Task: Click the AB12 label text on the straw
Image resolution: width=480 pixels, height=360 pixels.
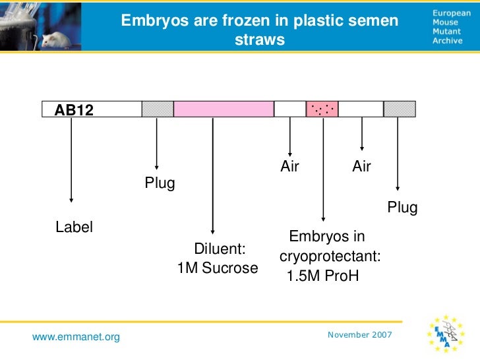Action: point(74,110)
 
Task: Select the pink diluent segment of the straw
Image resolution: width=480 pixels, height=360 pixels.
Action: point(224,109)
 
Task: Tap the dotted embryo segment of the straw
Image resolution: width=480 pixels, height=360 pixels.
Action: point(322,109)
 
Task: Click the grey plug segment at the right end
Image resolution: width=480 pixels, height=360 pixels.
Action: point(400,109)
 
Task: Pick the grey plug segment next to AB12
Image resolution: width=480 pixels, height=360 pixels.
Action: point(158,109)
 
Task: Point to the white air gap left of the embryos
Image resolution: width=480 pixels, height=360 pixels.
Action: point(289,109)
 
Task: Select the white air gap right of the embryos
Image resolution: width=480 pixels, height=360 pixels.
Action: point(361,109)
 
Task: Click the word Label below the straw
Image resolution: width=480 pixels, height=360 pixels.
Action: point(74,227)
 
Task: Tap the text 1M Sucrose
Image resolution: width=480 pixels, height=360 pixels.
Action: point(218,268)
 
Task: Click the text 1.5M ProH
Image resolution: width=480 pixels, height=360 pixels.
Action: point(323,276)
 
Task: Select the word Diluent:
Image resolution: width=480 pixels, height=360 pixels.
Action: point(220,249)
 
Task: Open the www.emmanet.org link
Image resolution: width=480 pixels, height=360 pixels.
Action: point(76,338)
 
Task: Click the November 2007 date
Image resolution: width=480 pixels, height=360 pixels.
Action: point(359,335)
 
